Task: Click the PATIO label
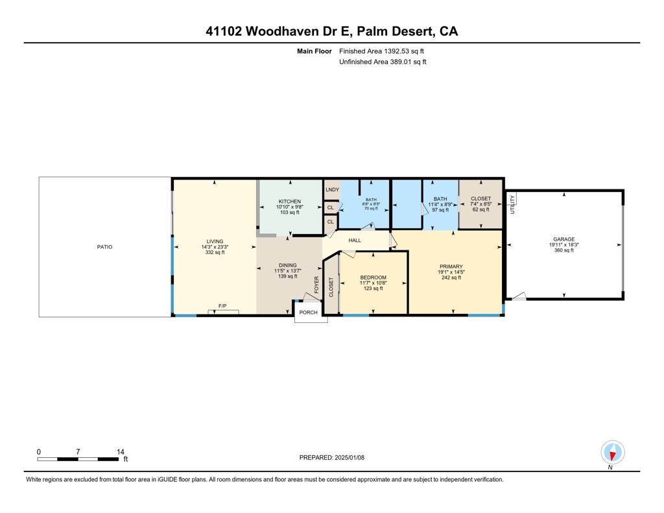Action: tap(104, 246)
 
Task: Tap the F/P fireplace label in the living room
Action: tap(222, 305)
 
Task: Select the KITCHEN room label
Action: tap(290, 201)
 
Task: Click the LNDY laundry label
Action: tap(332, 190)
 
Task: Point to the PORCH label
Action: tap(309, 312)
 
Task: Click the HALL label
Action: tap(355, 241)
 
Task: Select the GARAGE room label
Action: tap(563, 239)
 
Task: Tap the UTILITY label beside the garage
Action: tap(512, 204)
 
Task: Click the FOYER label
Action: tap(317, 286)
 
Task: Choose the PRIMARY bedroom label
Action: tap(451, 266)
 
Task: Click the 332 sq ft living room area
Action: tap(214, 252)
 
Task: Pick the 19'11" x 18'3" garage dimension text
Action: tap(563, 245)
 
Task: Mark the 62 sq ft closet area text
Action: tap(480, 210)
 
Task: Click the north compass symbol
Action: tap(612, 453)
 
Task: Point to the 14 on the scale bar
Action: tap(120, 451)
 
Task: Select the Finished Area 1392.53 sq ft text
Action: tap(382, 51)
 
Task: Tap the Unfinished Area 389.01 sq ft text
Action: tap(383, 62)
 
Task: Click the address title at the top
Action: tap(331, 31)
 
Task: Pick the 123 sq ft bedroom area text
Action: tap(373, 289)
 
